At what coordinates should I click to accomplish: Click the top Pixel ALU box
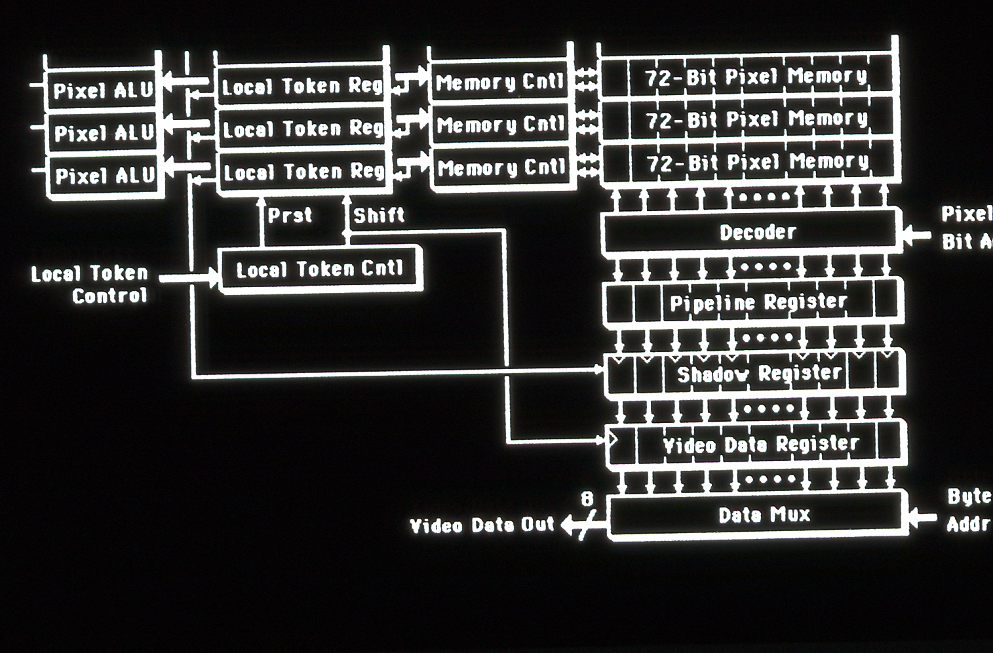pyautogui.click(x=103, y=90)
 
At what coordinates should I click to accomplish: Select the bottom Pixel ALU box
pyautogui.click(x=104, y=176)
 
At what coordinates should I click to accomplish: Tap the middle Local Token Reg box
pyautogui.click(x=302, y=129)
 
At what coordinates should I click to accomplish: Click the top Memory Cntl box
pyautogui.click(x=499, y=83)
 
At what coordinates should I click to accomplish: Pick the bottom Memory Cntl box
pyautogui.click(x=501, y=168)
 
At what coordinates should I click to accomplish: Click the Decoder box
pyautogui.click(x=757, y=232)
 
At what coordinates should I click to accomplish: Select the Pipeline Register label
pyautogui.click(x=758, y=302)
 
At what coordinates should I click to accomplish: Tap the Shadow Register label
pyautogui.click(x=759, y=374)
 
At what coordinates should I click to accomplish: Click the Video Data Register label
pyautogui.click(x=760, y=445)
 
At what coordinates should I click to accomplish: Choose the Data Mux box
pyautogui.click(x=764, y=515)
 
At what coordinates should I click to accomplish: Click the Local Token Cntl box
pyautogui.click(x=319, y=269)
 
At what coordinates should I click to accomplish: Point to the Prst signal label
pyautogui.click(x=290, y=215)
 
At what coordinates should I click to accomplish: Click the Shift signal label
pyautogui.click(x=379, y=215)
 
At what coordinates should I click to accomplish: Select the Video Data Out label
pyautogui.click(x=482, y=525)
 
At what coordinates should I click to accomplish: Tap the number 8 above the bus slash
pyautogui.click(x=587, y=500)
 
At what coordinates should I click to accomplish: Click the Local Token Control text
pyautogui.click(x=90, y=284)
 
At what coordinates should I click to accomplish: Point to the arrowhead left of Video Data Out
pyautogui.click(x=567, y=525)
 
